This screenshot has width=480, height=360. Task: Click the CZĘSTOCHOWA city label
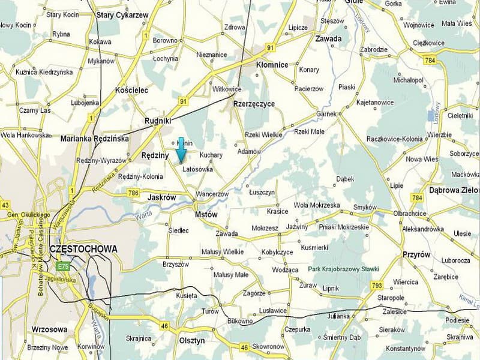tap(84, 248)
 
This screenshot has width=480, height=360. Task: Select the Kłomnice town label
tap(272, 65)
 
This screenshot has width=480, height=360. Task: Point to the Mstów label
tap(206, 214)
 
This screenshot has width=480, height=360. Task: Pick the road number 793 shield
tap(377, 284)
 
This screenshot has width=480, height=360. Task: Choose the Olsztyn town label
tap(193, 341)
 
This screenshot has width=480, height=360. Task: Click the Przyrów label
tap(416, 254)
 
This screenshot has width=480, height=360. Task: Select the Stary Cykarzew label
tap(122, 14)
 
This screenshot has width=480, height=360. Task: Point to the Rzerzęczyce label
tap(254, 104)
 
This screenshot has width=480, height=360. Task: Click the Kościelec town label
tap(131, 90)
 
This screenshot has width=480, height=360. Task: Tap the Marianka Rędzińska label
tap(95, 139)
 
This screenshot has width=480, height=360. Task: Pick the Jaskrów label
tap(161, 197)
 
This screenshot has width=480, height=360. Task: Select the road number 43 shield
tap(5, 205)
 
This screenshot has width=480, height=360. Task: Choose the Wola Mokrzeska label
tap(317, 205)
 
